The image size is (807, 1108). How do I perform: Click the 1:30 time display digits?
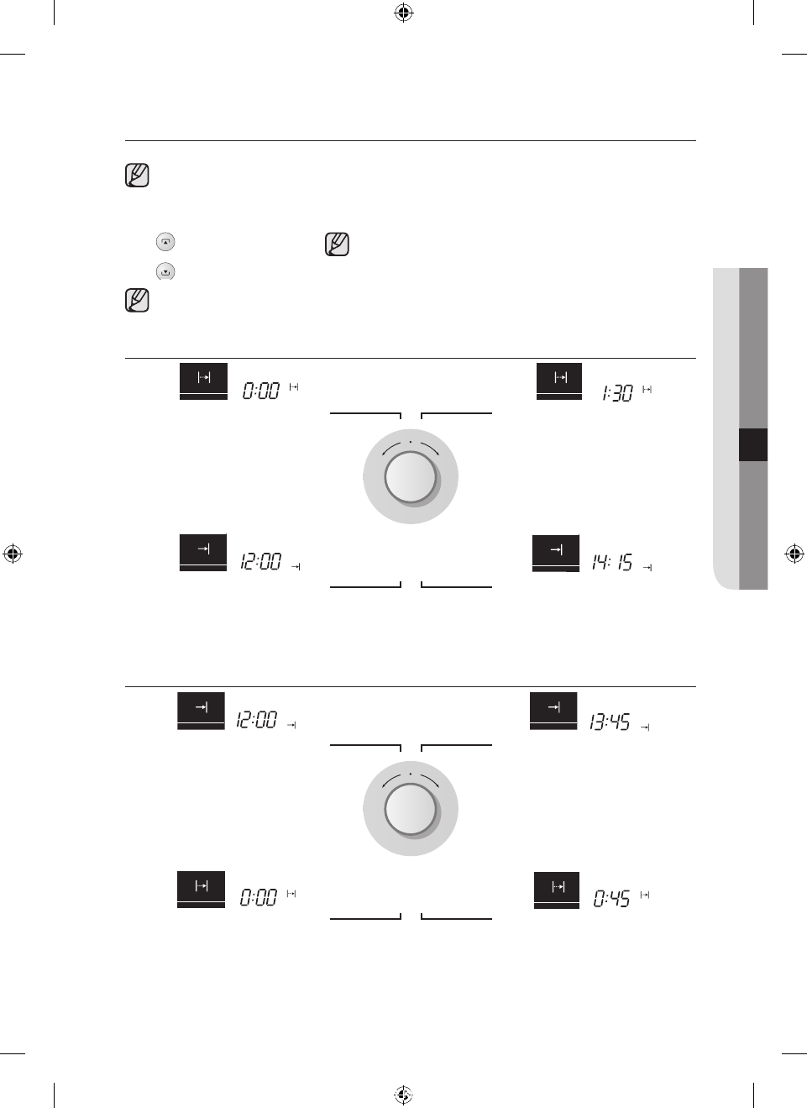point(617,393)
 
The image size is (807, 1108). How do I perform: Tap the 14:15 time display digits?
point(612,563)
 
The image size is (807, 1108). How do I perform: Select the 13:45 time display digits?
point(609,722)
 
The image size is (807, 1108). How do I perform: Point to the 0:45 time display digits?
point(611,898)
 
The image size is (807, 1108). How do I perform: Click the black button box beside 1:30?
point(558,381)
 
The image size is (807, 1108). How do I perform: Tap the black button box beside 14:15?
point(556,553)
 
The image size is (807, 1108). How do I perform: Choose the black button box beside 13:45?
point(553,711)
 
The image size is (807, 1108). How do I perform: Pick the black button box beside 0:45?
point(556,890)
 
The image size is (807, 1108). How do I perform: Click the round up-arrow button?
point(165,242)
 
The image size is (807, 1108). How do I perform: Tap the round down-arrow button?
point(165,271)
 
